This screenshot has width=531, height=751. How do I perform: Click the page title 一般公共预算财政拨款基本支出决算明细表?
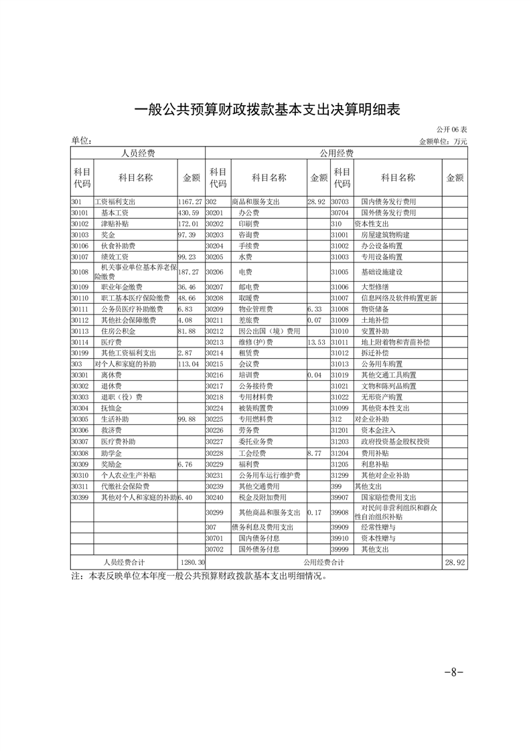pos(267,110)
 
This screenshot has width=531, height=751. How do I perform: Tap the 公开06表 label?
pos(452,129)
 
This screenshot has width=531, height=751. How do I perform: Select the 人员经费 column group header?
pos(137,154)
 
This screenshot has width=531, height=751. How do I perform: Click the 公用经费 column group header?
pos(336,154)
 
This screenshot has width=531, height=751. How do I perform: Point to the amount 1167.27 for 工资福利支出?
pos(190,201)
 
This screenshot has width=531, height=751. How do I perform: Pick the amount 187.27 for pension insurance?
pos(190,272)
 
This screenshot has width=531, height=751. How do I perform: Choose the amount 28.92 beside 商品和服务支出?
pos(316,201)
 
